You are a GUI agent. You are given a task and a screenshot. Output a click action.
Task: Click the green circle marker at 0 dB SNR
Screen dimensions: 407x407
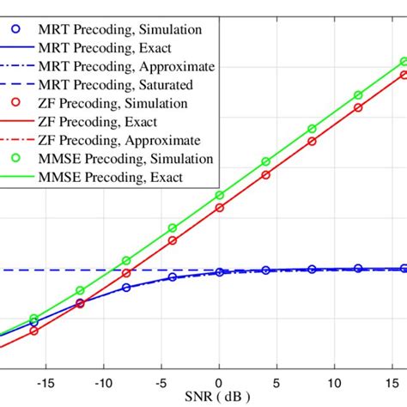219,196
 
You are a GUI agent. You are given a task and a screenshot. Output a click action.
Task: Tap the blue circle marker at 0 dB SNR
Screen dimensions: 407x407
219,271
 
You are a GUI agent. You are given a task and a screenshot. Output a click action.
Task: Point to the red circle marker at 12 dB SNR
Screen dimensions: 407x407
359,108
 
